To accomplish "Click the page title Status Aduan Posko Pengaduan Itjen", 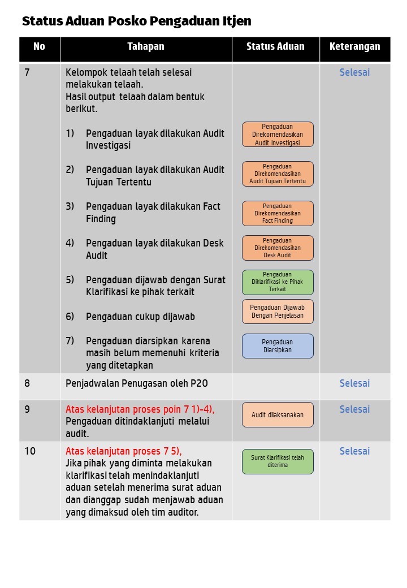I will [x=136, y=21].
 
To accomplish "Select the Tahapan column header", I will [x=145, y=47].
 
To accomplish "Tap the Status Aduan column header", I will [x=275, y=47].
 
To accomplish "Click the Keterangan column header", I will [x=354, y=47].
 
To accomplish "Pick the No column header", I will [x=39, y=47].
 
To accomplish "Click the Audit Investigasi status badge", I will [x=278, y=135].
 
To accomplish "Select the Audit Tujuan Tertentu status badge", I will [x=278, y=174].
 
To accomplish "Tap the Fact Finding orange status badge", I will [x=278, y=213].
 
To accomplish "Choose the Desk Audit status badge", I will [x=278, y=248].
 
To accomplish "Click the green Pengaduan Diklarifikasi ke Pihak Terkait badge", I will [x=278, y=282].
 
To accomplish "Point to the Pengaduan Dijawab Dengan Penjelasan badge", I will [x=278, y=312].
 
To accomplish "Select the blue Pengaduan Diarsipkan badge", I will [x=278, y=346].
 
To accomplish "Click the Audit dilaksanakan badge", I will [x=278, y=415].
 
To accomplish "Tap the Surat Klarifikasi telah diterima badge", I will [x=278, y=461].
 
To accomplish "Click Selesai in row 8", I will [x=354, y=383].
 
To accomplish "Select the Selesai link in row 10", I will [x=354, y=451].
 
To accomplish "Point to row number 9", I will [x=28, y=409].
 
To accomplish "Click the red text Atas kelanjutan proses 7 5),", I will [x=124, y=451].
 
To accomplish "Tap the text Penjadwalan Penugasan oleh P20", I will [x=137, y=383].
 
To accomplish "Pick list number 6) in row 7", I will [x=70, y=317].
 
